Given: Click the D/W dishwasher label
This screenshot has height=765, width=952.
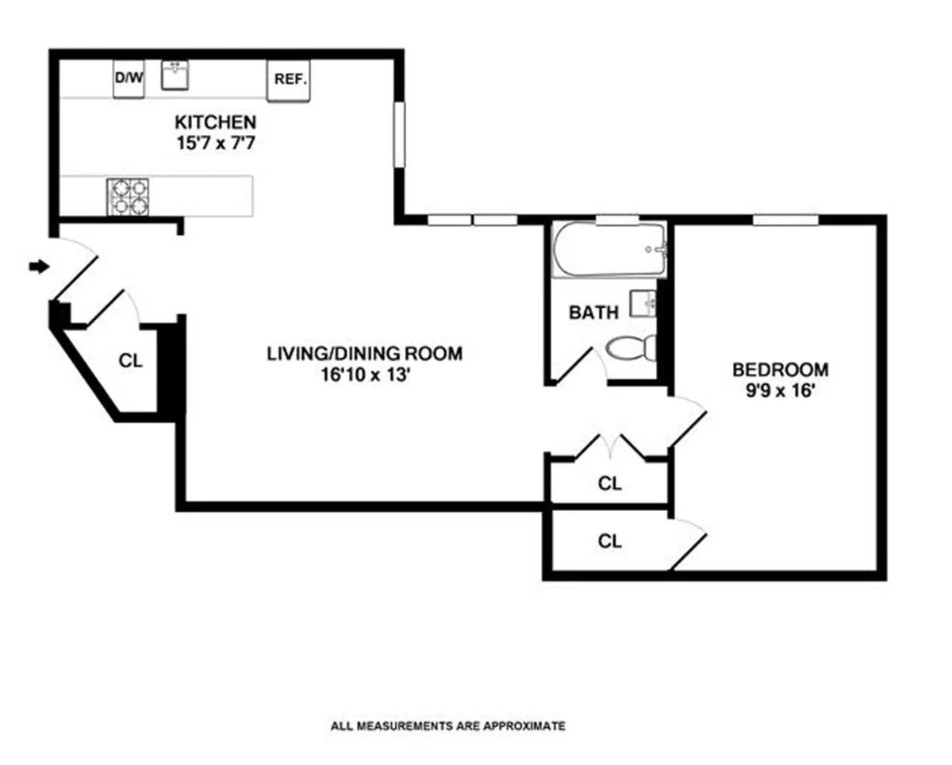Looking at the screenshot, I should [x=127, y=78].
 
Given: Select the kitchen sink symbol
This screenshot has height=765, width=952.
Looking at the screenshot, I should [x=174, y=75].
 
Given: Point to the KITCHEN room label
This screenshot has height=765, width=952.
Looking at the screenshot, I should [x=215, y=122].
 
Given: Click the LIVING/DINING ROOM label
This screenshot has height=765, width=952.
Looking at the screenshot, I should [x=364, y=353].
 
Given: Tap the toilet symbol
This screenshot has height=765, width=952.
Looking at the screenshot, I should [x=631, y=348].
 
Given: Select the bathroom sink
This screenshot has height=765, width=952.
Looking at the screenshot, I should [x=643, y=302].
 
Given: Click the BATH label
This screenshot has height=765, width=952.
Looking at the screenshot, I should [x=593, y=313].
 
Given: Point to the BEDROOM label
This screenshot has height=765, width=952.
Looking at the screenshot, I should [x=780, y=369].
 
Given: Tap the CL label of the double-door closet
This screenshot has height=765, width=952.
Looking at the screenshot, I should [x=609, y=483].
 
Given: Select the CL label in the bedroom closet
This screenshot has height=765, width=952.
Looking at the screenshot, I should [x=609, y=541].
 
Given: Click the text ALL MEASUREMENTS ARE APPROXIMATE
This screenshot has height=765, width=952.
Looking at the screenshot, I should [x=447, y=725].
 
